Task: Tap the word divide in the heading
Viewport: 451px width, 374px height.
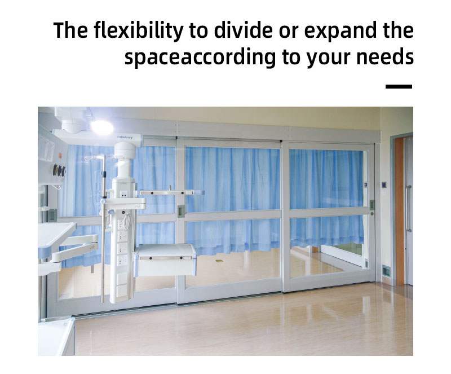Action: coord(243,30)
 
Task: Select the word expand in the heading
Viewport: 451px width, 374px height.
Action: coord(340,31)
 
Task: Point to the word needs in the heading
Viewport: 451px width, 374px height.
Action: coord(385,57)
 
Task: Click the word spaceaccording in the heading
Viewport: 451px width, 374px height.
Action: coord(200,58)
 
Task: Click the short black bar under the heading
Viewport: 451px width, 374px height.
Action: coord(399,86)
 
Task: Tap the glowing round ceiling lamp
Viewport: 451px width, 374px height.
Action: coord(103,127)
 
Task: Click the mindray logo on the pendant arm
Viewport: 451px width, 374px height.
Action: coord(125,137)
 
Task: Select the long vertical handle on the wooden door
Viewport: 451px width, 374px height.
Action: coord(408,209)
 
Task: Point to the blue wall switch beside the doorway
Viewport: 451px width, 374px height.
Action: coord(384,184)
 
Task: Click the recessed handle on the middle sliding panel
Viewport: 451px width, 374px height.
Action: coord(180,211)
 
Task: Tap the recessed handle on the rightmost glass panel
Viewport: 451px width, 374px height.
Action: coord(372,205)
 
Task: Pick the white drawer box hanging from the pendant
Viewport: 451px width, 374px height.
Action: coord(165,260)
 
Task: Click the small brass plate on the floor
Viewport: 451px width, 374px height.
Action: coord(219,261)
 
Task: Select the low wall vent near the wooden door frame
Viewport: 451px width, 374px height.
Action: coord(386,270)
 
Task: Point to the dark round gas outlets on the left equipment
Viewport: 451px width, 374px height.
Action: coord(59,170)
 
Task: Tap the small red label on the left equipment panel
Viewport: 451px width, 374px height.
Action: coord(60,156)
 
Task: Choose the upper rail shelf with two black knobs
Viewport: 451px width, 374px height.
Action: coord(172,192)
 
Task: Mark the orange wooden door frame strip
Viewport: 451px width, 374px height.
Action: coord(400,211)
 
